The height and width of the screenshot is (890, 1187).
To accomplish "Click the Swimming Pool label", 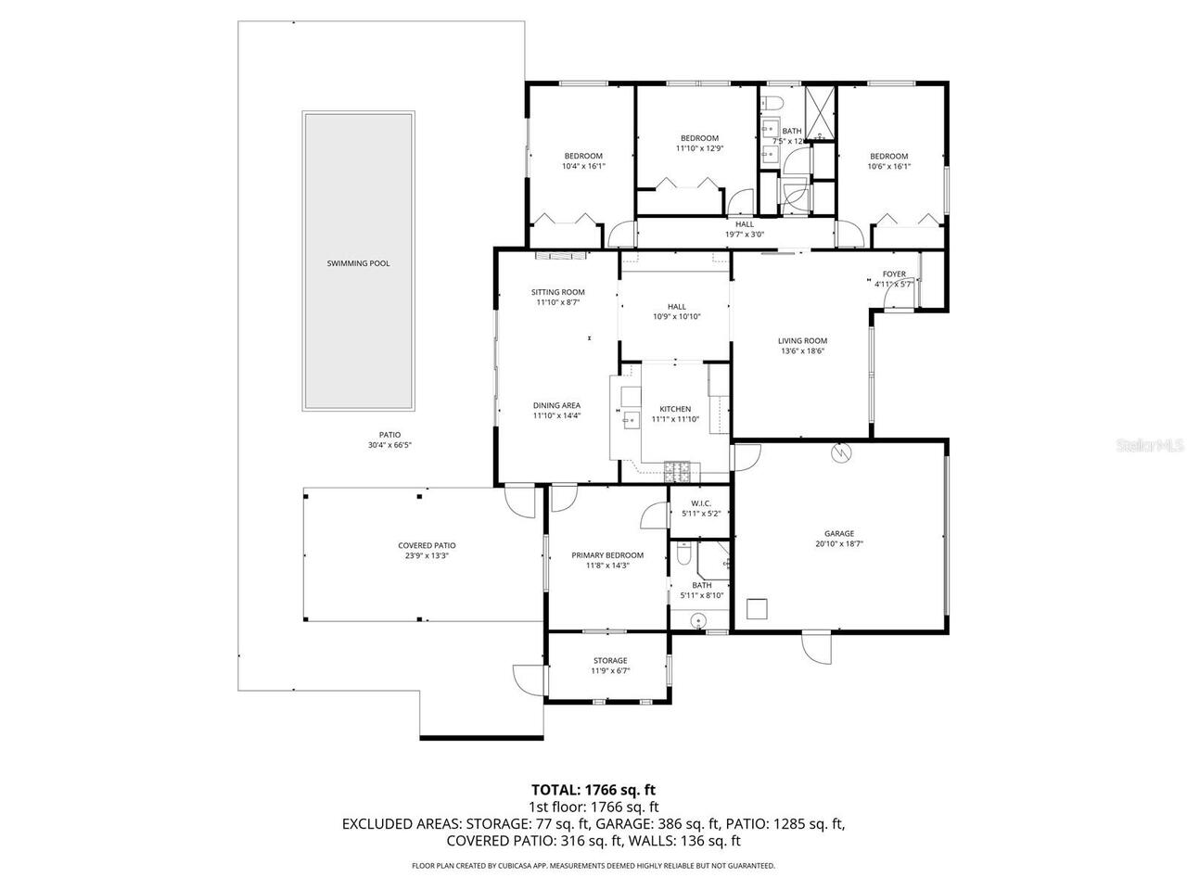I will click(x=358, y=263).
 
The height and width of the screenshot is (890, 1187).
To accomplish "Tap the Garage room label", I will click(x=839, y=533).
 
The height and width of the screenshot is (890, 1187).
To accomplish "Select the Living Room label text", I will click(x=802, y=340).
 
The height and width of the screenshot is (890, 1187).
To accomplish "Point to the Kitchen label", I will click(x=675, y=409).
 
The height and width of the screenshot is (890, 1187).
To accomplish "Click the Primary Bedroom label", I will click(x=606, y=555).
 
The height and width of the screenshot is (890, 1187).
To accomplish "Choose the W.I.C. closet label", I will click(x=700, y=502).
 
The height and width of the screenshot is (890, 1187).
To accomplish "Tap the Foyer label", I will click(x=894, y=274).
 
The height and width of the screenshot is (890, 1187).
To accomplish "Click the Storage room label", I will click(x=610, y=661).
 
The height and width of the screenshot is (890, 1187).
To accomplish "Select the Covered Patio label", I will click(x=427, y=545).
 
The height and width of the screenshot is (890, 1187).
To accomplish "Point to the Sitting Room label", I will click(x=557, y=292).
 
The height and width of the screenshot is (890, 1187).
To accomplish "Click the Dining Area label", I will click(x=556, y=405).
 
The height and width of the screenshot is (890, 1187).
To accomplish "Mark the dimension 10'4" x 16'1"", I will click(x=583, y=167).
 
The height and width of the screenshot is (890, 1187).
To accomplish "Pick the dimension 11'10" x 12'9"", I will click(x=699, y=148).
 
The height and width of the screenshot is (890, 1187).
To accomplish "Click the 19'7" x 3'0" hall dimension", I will click(x=745, y=235).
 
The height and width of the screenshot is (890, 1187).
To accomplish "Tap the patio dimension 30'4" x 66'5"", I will click(x=389, y=445).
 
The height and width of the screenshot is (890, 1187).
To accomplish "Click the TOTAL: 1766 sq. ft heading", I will click(x=593, y=790).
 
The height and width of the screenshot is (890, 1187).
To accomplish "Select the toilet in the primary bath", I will click(x=683, y=554).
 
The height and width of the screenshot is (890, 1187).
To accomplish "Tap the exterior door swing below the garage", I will click(x=816, y=646).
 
